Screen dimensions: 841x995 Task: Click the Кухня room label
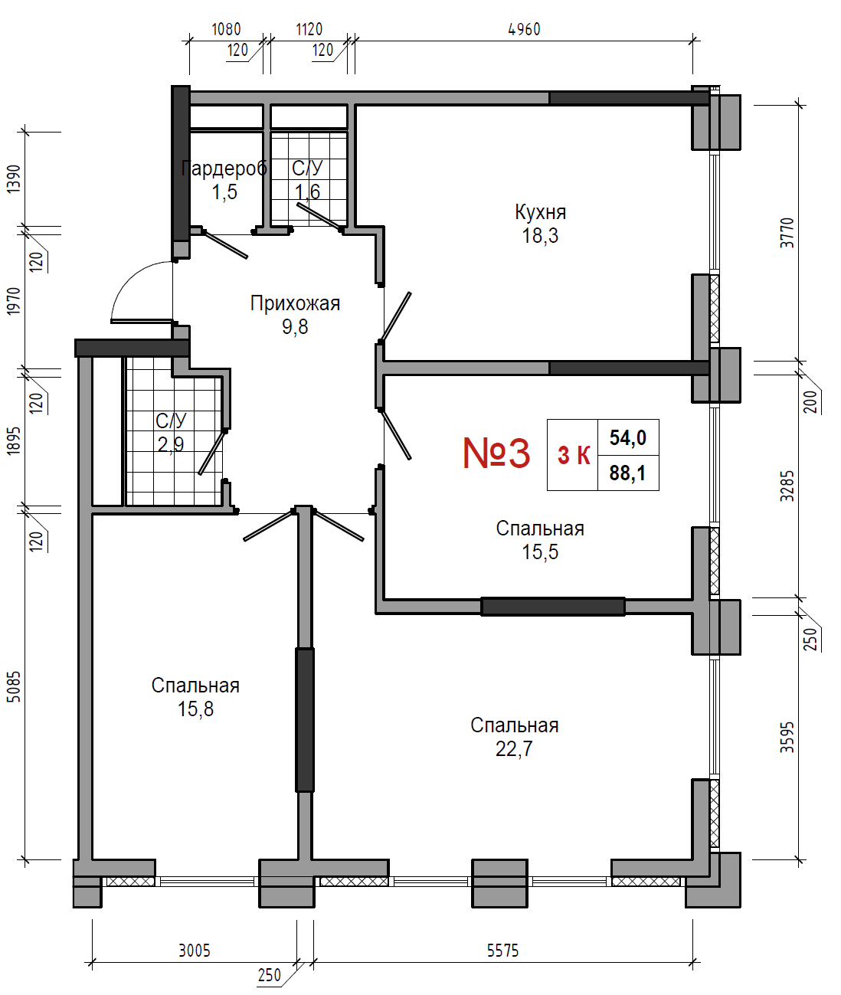(540, 212)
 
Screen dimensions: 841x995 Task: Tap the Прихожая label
(295, 304)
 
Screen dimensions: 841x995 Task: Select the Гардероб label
(224, 169)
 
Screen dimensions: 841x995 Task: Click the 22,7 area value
(514, 748)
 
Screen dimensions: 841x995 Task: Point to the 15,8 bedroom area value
(195, 709)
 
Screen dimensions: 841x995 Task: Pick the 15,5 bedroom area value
(540, 552)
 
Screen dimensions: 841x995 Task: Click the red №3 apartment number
(496, 453)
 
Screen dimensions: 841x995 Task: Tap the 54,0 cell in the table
(628, 437)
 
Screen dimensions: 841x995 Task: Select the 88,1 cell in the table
(627, 473)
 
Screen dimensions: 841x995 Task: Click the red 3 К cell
(574, 455)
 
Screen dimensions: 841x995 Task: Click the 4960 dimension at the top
(524, 29)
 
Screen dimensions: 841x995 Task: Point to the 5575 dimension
(502, 951)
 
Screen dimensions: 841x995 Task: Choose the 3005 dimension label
(195, 951)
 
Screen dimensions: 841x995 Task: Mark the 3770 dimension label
(787, 233)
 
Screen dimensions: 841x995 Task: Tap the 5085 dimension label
(15, 687)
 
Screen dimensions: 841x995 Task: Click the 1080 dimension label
(226, 29)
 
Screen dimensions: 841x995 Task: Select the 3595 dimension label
(787, 737)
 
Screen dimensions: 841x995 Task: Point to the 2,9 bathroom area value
(170, 443)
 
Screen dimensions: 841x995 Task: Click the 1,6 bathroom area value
(307, 191)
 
